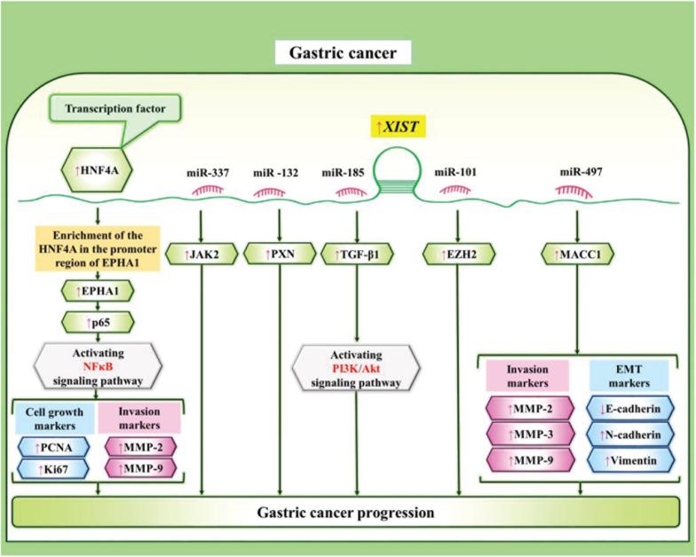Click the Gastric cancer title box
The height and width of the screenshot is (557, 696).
347,54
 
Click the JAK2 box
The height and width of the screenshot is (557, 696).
203,256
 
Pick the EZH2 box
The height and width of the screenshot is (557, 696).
458,256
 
